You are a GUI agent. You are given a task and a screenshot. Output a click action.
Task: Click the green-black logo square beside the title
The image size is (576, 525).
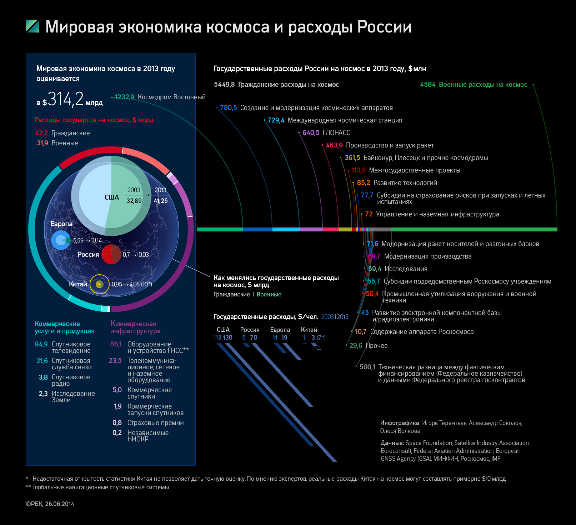[32, 26]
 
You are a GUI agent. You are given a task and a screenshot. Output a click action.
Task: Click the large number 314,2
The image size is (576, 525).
[65, 99]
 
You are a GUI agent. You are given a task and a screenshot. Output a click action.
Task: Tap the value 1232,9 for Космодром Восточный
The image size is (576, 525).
[124, 97]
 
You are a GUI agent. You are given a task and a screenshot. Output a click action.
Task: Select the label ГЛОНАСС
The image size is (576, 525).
[336, 133]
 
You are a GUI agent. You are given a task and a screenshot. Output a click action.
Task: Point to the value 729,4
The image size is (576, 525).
[276, 120]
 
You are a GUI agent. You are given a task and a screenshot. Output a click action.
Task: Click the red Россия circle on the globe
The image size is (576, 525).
[111, 254]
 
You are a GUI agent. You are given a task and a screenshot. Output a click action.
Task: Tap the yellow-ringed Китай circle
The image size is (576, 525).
[99, 284]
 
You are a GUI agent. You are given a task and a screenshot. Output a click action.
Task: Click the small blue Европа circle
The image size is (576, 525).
[61, 240]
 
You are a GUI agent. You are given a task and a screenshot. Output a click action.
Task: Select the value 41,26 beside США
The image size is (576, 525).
[161, 201]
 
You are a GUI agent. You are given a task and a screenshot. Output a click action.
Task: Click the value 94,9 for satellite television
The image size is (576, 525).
[41, 344]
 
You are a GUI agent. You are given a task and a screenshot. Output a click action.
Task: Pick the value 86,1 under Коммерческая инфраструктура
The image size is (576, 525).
[116, 344]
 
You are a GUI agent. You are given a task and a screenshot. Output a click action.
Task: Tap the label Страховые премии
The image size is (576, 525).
[155, 423]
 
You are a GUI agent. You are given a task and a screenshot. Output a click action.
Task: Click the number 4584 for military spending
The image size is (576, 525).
[428, 85]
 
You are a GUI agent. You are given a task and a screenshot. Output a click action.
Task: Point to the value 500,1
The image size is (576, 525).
[367, 367]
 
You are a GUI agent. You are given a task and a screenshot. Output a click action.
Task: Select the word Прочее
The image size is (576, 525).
[376, 346]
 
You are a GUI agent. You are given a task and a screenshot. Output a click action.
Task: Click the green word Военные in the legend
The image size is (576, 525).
[269, 294]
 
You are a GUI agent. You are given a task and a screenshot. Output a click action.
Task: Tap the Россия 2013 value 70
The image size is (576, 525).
[254, 337]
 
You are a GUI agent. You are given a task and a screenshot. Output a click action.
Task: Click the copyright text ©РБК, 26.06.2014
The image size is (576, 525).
[50, 504]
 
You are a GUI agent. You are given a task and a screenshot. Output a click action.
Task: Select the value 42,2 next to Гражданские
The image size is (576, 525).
[41, 133]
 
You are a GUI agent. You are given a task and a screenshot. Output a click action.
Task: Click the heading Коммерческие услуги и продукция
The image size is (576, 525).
[64, 327]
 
